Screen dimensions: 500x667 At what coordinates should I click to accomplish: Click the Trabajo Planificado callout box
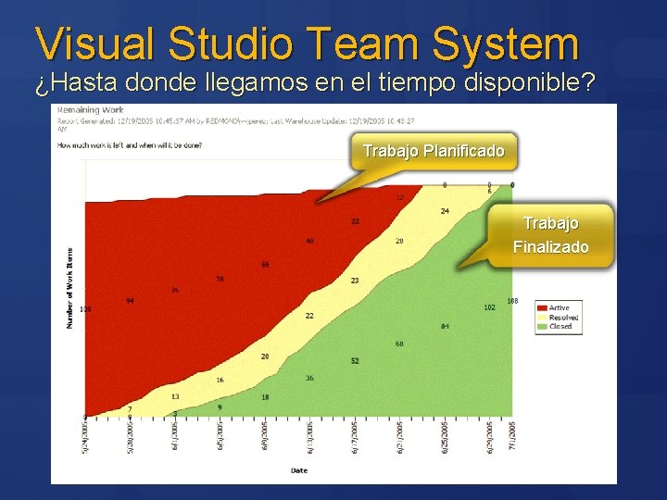pos(434,151)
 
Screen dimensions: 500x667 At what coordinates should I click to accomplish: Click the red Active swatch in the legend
pos(541,307)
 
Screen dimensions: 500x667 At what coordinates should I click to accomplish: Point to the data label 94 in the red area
pos(131,301)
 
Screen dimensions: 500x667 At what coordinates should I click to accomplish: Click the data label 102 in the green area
pos(489,307)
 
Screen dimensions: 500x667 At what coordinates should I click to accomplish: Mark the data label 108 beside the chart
pos(512,301)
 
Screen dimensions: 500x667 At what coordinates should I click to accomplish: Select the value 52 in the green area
pos(355,360)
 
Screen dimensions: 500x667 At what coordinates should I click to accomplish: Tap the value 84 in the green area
pos(445,326)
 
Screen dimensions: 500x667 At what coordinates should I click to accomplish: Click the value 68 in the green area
pos(399,344)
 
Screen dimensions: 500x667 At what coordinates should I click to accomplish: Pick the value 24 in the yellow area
pos(445,211)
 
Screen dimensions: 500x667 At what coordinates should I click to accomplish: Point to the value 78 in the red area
pos(220,279)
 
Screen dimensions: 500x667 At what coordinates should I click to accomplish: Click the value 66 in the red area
pos(264,265)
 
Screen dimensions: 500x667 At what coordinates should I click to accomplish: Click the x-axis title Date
pos(299,470)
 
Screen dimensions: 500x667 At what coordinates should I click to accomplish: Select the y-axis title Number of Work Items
pos(69,287)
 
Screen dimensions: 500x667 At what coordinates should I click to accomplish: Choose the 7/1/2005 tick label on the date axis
pos(511,435)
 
